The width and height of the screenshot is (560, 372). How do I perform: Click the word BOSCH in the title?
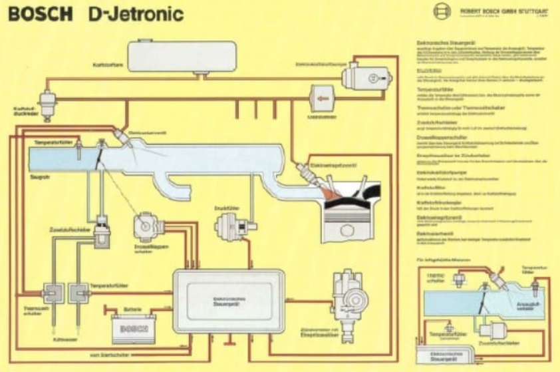tap(40, 14)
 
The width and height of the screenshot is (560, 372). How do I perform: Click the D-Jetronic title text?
tap(136, 14)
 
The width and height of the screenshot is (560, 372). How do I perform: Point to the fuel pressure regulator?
tap(48, 100)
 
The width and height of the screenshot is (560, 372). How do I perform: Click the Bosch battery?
tap(134, 329)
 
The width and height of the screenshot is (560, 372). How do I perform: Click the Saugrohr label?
tap(39, 178)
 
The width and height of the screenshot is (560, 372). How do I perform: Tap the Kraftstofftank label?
tap(107, 65)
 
